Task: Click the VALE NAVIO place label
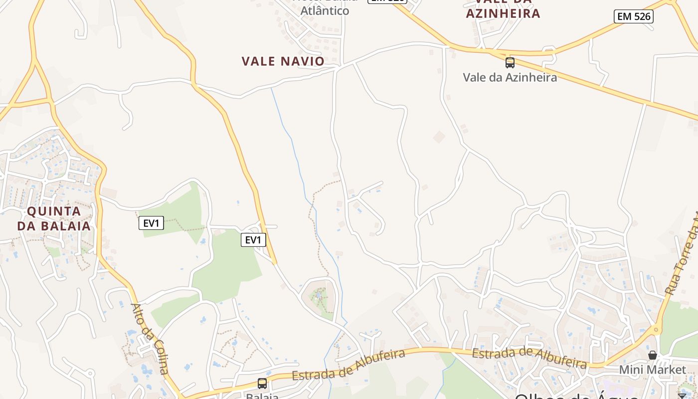pos(283,61)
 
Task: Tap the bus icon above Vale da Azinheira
pos(510,63)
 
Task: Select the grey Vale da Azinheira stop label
pos(510,77)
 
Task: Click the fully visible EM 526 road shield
pos(633,16)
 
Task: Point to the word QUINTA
pos(54,211)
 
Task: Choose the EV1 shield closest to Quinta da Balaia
pos(151,223)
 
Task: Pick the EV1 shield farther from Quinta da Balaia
pos(253,240)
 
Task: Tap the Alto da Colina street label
pos(150,338)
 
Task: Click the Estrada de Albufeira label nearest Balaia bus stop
pos(349,365)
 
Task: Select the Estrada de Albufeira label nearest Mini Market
pos(529,357)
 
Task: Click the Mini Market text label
pos(652,370)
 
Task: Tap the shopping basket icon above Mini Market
pos(652,355)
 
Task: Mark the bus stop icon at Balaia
pos(262,383)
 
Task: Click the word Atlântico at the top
pos(325,10)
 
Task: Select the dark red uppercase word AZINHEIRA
pos(503,13)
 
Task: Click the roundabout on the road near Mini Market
pos(655,329)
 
